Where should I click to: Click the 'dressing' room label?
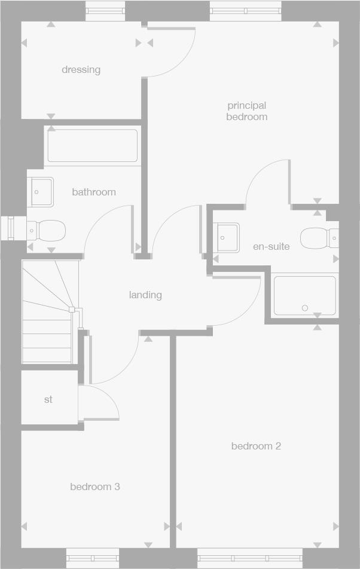[x=81, y=69]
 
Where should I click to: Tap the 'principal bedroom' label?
[x=246, y=111]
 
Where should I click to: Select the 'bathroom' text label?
[x=94, y=192]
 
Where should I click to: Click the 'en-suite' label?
[x=271, y=246]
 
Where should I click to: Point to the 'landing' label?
[x=145, y=295]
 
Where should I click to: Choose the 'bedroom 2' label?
[x=256, y=446]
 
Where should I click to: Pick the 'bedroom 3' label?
[x=95, y=487]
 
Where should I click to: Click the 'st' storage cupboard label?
[x=48, y=399]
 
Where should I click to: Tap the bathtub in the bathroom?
[x=93, y=146]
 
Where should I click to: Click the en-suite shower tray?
[x=304, y=295]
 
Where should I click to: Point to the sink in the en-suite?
[x=227, y=237]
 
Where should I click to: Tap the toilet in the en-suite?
[x=316, y=238]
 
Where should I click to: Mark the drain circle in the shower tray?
[x=305, y=308]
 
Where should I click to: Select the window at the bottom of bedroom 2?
[x=250, y=558]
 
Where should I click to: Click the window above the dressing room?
[x=105, y=10]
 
